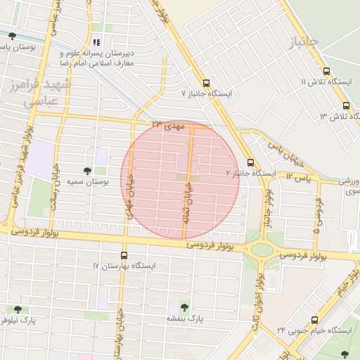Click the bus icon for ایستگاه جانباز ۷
pyautogui.click(x=205, y=82)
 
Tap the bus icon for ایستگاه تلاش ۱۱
pyautogui.click(x=326, y=71)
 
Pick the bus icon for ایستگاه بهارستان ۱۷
pyautogui.click(x=124, y=255)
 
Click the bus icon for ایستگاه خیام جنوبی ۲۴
pyautogui.click(x=314, y=319)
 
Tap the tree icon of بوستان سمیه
pyautogui.click(x=87, y=171)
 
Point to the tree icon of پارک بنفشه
pyautogui.click(x=184, y=307)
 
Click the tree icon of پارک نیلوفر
pyautogui.click(x=18, y=309)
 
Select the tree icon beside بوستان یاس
pyautogui.click(x=12, y=36)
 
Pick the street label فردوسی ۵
pyautogui.click(x=317, y=215)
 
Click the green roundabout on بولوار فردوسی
pyautogui.click(x=262, y=250)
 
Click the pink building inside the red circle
pyautogui.click(x=182, y=162)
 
